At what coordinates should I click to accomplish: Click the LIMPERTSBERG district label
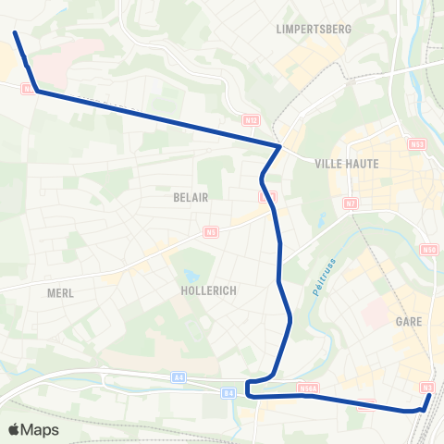point(314,30)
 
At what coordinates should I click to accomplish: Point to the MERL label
point(60,292)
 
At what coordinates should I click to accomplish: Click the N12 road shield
point(249,120)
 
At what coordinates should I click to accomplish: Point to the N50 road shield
point(427,250)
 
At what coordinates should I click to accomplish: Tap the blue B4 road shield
point(228,393)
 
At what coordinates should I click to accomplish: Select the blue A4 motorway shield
point(179,377)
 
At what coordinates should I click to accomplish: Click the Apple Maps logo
point(33,429)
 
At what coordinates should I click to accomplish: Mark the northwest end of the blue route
point(16,33)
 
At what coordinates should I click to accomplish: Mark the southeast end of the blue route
point(430,396)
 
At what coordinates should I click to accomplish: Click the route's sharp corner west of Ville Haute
point(279,146)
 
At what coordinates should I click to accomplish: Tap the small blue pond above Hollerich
point(190,276)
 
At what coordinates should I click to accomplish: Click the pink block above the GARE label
point(377,313)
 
